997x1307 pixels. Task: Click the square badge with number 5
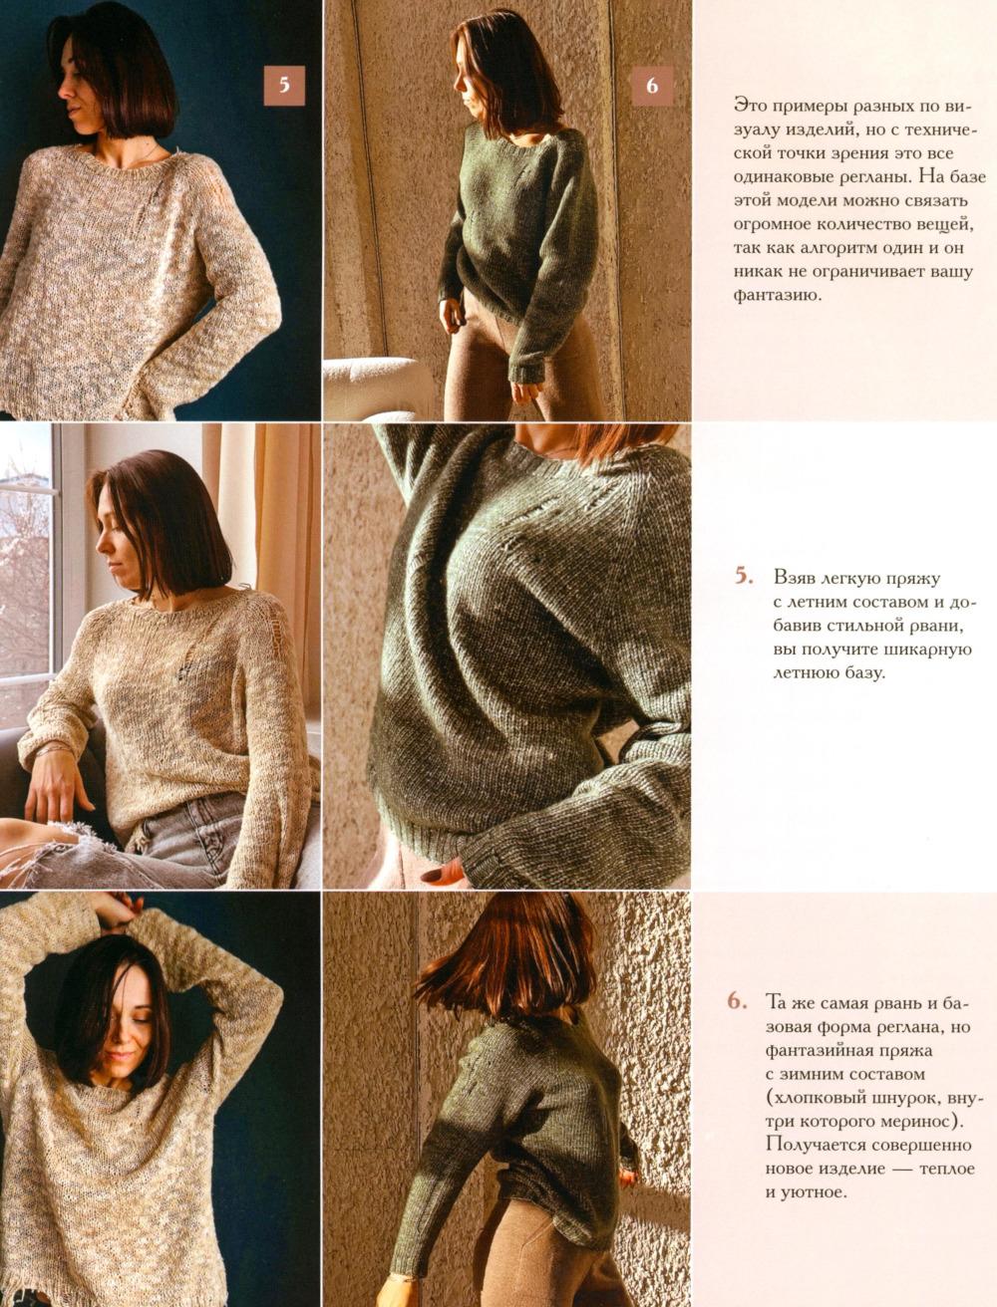284,85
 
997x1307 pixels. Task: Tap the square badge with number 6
652,85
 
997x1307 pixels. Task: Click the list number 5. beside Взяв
744,577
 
